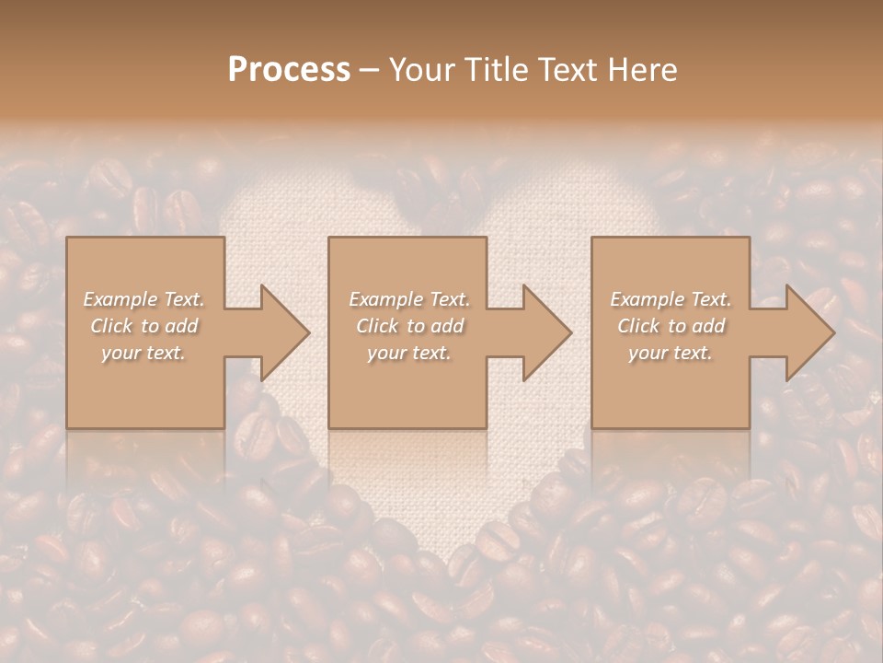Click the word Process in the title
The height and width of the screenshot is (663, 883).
coord(289,70)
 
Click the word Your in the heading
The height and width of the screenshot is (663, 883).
coord(420,70)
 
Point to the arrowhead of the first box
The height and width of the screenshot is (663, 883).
coord(285,332)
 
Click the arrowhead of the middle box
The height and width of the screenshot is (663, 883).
coord(547,332)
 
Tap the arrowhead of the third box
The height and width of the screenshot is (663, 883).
coord(810,332)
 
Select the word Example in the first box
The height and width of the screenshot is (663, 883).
coord(120,299)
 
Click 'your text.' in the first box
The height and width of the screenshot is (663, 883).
coord(143,353)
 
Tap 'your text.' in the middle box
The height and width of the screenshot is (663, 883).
coord(408,353)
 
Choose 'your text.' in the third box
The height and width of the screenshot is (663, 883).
coord(671,353)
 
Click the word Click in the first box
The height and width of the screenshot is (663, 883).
coord(110,326)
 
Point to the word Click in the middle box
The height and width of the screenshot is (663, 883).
coord(376,326)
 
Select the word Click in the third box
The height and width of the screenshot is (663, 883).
coord(637,326)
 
